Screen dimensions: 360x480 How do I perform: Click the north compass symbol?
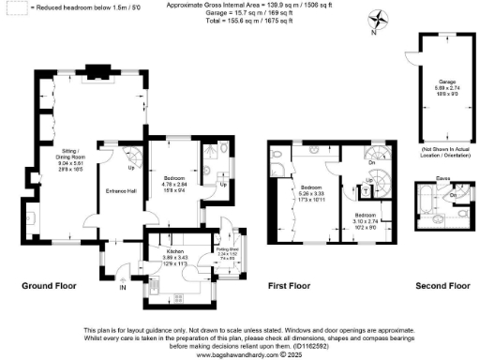pyautogui.click(x=376, y=18)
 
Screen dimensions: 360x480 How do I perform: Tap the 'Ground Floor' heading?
pyautogui.click(x=48, y=284)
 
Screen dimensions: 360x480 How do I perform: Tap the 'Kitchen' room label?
pyautogui.click(x=173, y=252)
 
